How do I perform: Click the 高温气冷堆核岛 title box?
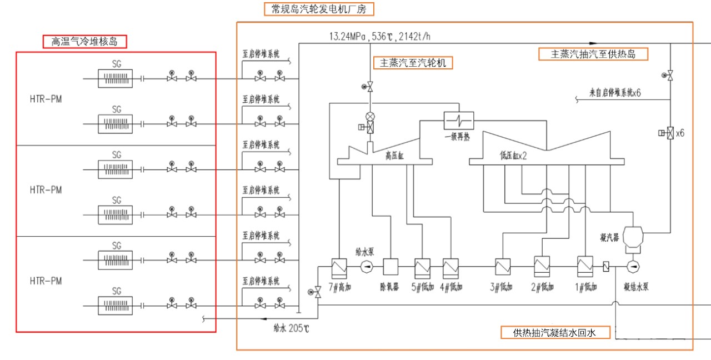[85, 41]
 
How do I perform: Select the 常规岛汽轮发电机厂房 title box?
[319, 9]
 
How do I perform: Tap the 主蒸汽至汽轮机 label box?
[412, 63]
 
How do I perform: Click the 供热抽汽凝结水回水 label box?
[554, 333]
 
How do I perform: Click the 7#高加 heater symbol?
[338, 267]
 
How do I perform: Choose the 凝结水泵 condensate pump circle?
[633, 267]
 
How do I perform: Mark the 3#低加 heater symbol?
[503, 267]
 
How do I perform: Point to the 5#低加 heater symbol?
[422, 267]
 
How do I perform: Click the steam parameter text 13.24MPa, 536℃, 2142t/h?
[380, 37]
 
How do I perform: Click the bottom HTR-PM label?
[46, 282]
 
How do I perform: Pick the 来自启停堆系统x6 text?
[615, 92]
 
